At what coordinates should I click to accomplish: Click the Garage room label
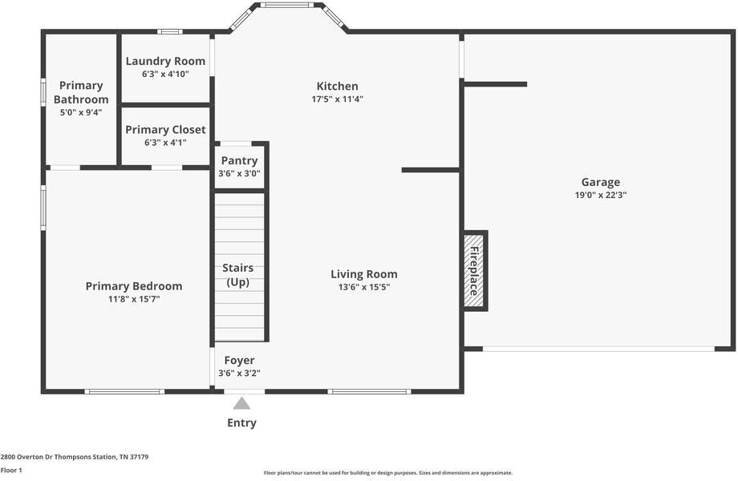600,182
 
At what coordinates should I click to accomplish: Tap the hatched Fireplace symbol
474,271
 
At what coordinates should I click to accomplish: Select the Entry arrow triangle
241,404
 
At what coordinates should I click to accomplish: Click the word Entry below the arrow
241,422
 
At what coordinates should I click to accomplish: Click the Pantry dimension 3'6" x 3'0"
239,173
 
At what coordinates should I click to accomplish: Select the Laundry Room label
165,61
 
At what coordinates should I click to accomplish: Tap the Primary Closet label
165,129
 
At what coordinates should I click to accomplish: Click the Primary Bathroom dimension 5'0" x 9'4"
81,112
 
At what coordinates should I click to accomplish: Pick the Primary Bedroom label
134,286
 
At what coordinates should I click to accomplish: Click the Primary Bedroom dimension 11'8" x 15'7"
134,299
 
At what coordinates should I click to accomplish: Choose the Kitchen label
337,86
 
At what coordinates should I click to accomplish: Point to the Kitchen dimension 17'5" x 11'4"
337,99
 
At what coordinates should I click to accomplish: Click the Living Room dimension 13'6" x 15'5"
363,287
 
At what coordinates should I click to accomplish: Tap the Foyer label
239,360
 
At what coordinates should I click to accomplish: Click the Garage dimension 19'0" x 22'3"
600,195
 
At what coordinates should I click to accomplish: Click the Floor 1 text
11,471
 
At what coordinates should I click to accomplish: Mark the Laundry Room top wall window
169,31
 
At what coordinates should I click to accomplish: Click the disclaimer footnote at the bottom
388,473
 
